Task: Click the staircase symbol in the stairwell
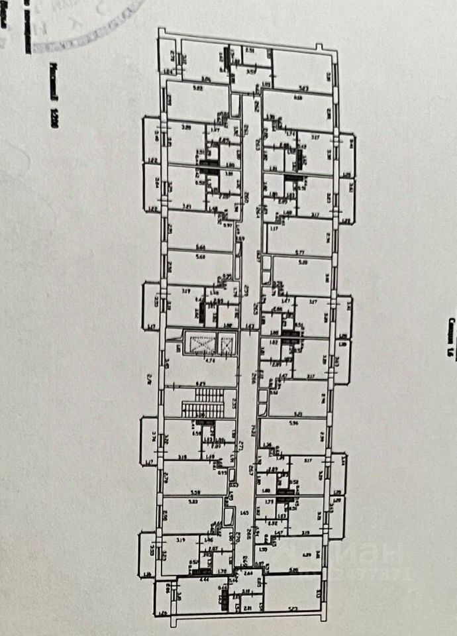tap(204, 403)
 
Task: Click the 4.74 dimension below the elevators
tap(208, 362)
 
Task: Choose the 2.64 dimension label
tap(248, 573)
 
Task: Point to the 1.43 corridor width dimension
tap(249, 327)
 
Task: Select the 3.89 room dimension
tap(186, 127)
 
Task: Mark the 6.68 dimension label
tap(297, 99)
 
